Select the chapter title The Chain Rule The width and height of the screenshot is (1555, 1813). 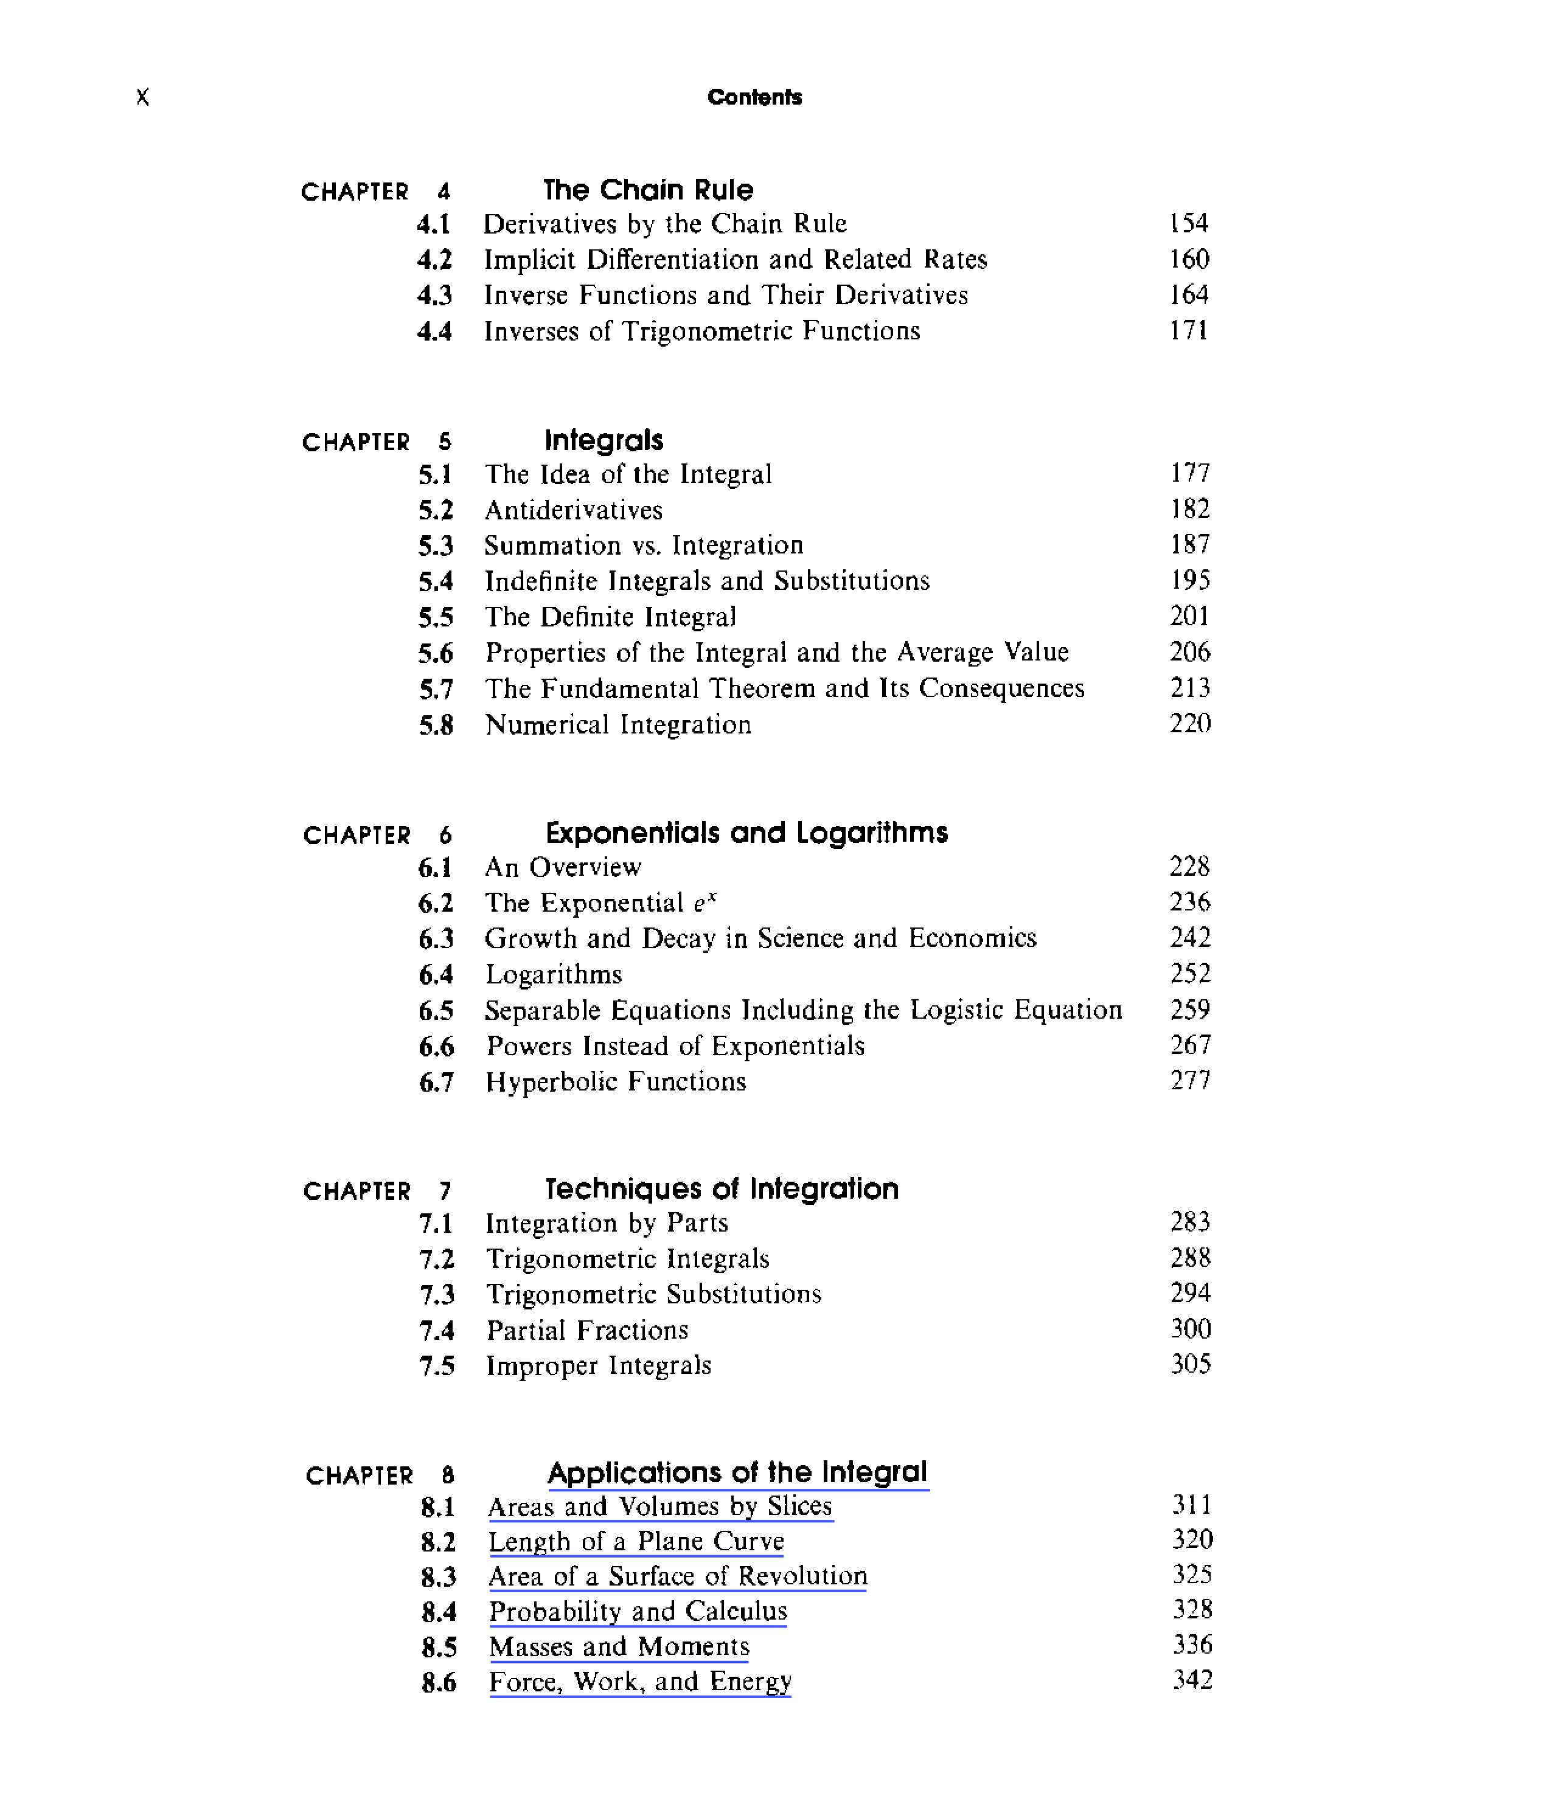(x=647, y=190)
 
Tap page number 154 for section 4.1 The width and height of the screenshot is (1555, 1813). (x=1188, y=223)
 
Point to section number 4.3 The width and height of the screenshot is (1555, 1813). (x=434, y=296)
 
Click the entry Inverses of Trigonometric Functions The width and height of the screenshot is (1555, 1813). (x=702, y=331)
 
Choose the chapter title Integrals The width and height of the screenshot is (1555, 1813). (x=604, y=440)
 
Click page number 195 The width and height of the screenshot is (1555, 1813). (x=1190, y=580)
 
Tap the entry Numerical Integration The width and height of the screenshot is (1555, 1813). (x=617, y=724)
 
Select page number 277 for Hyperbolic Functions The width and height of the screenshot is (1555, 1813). (x=1190, y=1081)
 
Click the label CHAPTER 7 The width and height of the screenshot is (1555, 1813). (x=377, y=1191)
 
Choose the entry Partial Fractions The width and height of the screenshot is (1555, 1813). (x=587, y=1331)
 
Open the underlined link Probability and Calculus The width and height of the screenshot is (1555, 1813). (x=638, y=1611)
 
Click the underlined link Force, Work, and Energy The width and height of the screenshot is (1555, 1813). (x=639, y=1682)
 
